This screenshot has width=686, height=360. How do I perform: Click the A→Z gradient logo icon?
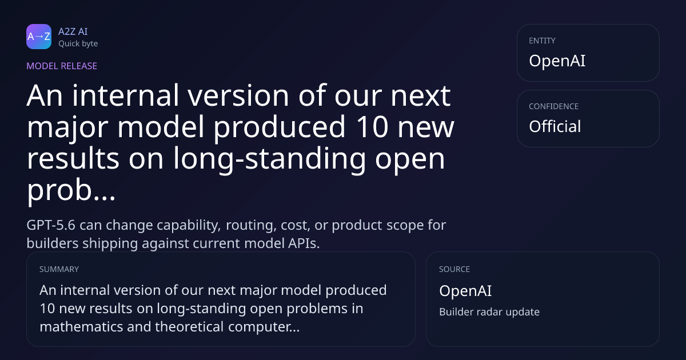39,37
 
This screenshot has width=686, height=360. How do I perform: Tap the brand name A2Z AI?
73,31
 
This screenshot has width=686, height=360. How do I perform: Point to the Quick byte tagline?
78,43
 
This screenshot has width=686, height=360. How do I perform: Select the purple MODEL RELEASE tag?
62,66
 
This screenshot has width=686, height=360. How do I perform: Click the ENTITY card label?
542,41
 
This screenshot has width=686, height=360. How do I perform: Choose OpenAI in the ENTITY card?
557,61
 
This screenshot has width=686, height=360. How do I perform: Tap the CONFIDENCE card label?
554,106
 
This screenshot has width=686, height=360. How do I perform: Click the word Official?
555,126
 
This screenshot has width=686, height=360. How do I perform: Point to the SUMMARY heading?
59,269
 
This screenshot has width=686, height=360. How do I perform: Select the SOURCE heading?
454,269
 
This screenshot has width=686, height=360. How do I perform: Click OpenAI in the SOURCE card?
465,290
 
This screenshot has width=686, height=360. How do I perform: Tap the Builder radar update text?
489,311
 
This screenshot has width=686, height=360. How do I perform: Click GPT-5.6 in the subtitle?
51,225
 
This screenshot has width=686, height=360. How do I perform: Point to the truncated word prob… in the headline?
71,190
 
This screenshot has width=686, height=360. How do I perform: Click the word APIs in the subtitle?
304,243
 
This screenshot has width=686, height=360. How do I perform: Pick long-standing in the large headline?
269,159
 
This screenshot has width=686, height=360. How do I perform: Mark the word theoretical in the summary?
189,327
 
